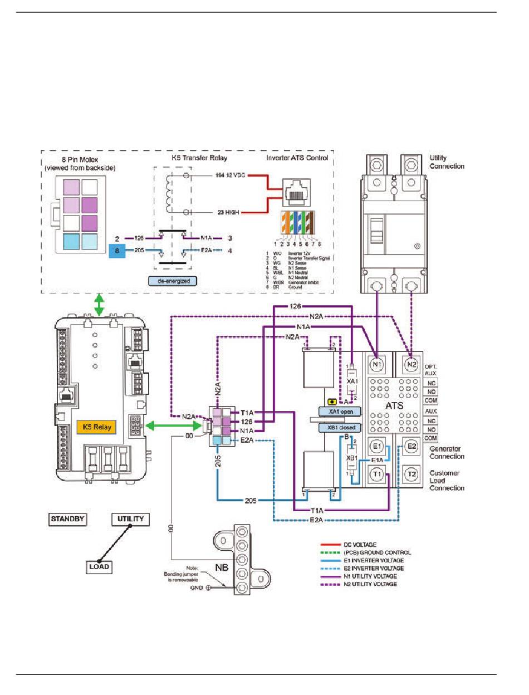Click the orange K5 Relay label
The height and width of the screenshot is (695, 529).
coord(97,428)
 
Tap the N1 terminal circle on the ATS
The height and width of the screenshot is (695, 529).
coord(377,364)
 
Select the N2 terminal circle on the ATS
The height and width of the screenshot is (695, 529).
coord(412,364)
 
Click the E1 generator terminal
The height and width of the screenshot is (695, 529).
coord(377,447)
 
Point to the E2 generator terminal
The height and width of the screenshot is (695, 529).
coord(412,447)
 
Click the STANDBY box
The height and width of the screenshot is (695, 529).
coord(67,519)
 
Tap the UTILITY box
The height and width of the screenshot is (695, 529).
coord(130,519)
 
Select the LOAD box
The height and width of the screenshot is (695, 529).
coord(98,567)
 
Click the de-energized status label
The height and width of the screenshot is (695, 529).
coord(174,281)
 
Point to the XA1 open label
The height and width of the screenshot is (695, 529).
coord(340,411)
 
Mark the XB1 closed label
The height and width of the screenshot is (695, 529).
coord(340,428)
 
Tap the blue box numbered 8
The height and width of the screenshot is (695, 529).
coord(117,251)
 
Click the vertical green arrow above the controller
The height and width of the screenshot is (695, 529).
coord(99,306)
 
